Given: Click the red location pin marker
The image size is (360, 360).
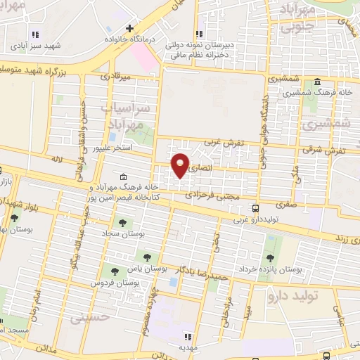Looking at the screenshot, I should [x=181, y=166].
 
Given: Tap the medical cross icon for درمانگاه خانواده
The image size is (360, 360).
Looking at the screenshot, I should [x=129, y=28].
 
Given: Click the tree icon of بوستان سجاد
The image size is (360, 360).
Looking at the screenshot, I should [x=124, y=223].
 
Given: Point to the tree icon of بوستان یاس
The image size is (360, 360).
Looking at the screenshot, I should [x=147, y=257].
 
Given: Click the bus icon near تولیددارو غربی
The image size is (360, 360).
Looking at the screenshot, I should [x=256, y=208].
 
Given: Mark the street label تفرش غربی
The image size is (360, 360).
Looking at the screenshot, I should [x=224, y=143].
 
